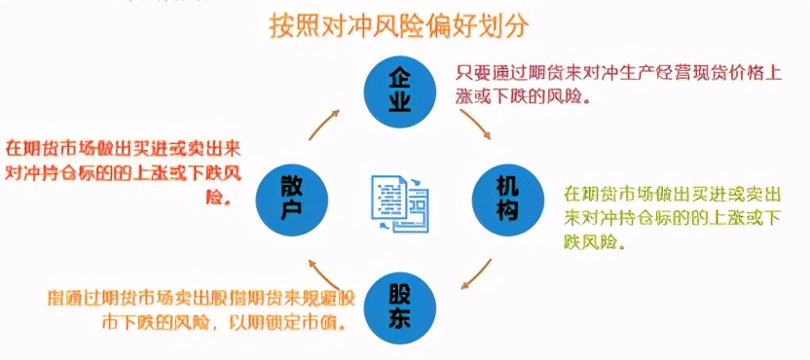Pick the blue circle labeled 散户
point(289,198)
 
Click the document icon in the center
point(399,201)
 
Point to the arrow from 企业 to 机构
point(474,124)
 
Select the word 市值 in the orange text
point(317,322)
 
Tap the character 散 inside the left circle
point(289,185)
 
